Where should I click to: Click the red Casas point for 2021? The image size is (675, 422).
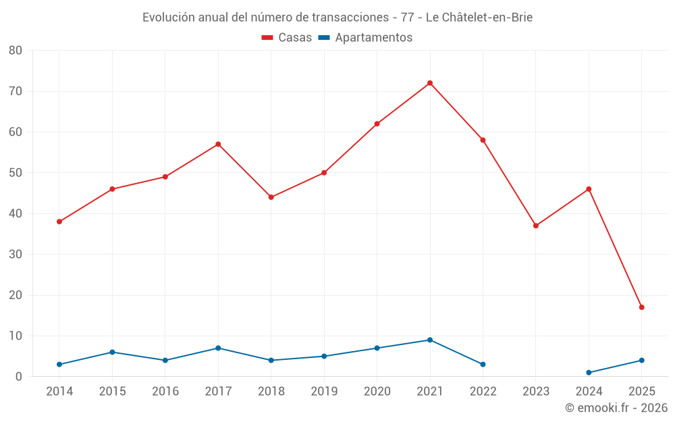[430, 83]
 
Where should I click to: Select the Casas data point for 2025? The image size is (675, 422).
[642, 307]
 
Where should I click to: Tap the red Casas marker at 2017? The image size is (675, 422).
[218, 144]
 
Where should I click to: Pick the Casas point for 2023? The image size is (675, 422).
[536, 226]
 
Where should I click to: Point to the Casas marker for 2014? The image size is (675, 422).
[59, 221]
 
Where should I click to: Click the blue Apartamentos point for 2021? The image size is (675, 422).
[430, 340]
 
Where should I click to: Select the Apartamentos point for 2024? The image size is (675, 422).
[589, 373]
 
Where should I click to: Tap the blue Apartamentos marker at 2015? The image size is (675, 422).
[112, 352]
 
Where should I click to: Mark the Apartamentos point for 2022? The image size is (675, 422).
[483, 365]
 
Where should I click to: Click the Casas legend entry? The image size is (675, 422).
[287, 38]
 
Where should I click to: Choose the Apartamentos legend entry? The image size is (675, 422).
[365, 38]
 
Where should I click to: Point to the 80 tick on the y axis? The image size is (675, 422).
[16, 51]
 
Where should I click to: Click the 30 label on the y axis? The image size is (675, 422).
[16, 255]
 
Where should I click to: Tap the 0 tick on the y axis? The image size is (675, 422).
[19, 377]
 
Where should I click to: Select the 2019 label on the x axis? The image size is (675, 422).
[324, 392]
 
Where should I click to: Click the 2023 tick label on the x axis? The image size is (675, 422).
[536, 392]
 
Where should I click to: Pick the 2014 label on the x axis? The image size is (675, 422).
[59, 392]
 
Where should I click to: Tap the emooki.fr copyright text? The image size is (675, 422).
[616, 408]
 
